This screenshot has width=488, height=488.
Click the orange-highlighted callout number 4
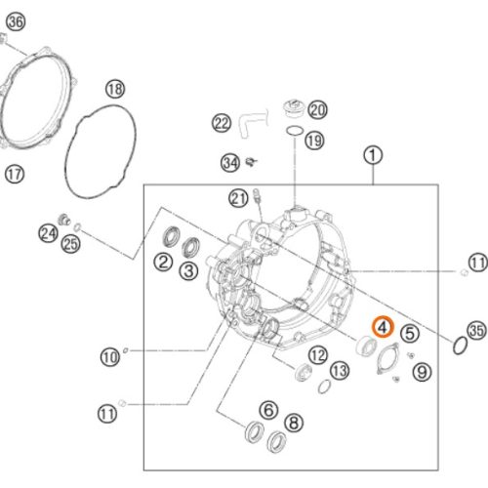tap(383, 327)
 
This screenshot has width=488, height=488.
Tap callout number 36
tap(16, 22)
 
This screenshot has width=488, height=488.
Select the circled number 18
tap(115, 89)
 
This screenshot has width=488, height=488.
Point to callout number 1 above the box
tap(373, 155)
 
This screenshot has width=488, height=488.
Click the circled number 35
tap(476, 330)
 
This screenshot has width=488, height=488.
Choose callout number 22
tap(222, 123)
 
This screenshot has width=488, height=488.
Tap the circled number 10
tap(110, 357)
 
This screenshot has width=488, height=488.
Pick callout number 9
tap(422, 372)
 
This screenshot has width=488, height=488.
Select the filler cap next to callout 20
tap(293, 109)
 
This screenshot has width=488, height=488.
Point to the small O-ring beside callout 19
tap(295, 131)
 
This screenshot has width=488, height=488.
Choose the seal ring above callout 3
tap(191, 247)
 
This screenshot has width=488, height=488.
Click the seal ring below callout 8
tap(277, 442)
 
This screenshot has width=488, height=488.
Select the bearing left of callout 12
tap(303, 373)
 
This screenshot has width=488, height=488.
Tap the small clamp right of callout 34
tap(251, 161)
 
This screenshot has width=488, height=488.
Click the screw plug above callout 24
tap(64, 220)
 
